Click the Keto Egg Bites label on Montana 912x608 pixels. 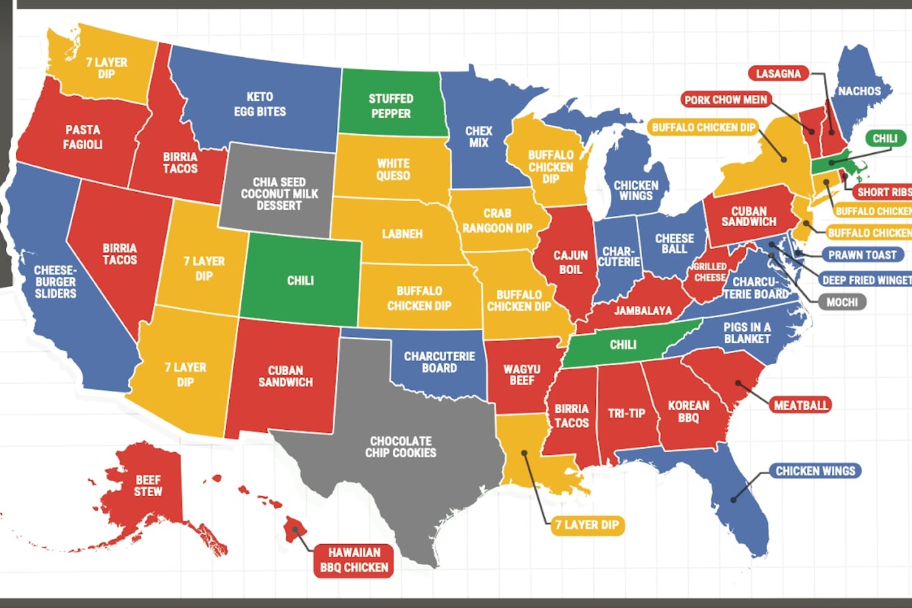click(x=260, y=104)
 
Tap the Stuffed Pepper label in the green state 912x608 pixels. click(x=391, y=106)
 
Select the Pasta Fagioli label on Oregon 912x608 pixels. click(x=83, y=137)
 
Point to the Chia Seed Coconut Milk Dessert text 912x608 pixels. click(x=279, y=193)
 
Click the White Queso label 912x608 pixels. click(x=393, y=170)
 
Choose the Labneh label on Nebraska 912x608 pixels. click(x=402, y=234)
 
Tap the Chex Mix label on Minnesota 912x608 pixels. click(x=478, y=137)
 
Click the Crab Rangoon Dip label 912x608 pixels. click(x=497, y=221)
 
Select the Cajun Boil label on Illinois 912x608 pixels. click(x=570, y=262)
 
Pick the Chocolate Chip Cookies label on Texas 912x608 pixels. click(x=401, y=447)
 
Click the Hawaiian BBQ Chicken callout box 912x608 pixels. click(x=354, y=560)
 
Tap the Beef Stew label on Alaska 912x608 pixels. click(x=148, y=486)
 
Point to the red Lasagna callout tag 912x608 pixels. click(x=778, y=74)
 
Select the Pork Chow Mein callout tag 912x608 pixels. click(x=725, y=100)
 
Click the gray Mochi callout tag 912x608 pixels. click(x=841, y=302)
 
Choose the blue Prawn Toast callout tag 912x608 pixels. click(x=862, y=255)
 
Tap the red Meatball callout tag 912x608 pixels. click(x=801, y=405)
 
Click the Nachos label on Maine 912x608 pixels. click(x=859, y=91)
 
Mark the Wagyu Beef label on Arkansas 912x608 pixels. click(x=522, y=375)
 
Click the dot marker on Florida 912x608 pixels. click(x=734, y=500)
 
